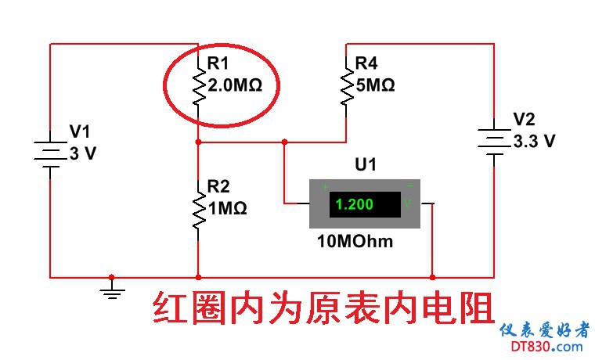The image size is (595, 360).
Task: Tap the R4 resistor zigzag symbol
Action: (x=345, y=86)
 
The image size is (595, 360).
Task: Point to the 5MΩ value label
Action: (x=375, y=85)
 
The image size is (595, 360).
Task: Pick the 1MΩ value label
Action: (x=227, y=208)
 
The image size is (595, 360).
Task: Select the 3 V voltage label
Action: (x=82, y=153)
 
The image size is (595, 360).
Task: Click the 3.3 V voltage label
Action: (x=534, y=142)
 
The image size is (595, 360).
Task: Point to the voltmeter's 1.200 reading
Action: (x=355, y=205)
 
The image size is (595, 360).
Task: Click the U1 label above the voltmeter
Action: (x=366, y=165)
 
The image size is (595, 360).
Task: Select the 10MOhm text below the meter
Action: (x=355, y=241)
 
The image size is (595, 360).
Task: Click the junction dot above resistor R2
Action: (x=198, y=142)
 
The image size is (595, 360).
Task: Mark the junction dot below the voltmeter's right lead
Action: (x=432, y=276)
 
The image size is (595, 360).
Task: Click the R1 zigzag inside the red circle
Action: (x=198, y=86)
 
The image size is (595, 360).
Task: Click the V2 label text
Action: (x=524, y=120)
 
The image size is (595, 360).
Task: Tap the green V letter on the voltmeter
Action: (x=407, y=204)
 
